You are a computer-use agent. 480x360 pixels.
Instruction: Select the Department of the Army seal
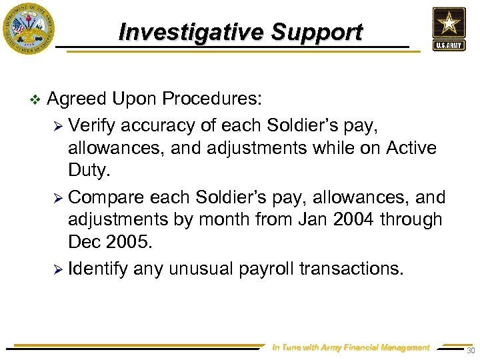tap(28, 29)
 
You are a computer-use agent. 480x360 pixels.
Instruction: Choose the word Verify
tap(92, 125)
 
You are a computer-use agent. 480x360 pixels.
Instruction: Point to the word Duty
tap(87, 171)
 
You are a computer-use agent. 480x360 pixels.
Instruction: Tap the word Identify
tap(98, 268)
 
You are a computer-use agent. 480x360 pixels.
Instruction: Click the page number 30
tap(471, 351)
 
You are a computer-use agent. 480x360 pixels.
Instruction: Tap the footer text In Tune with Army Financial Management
tap(351, 347)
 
